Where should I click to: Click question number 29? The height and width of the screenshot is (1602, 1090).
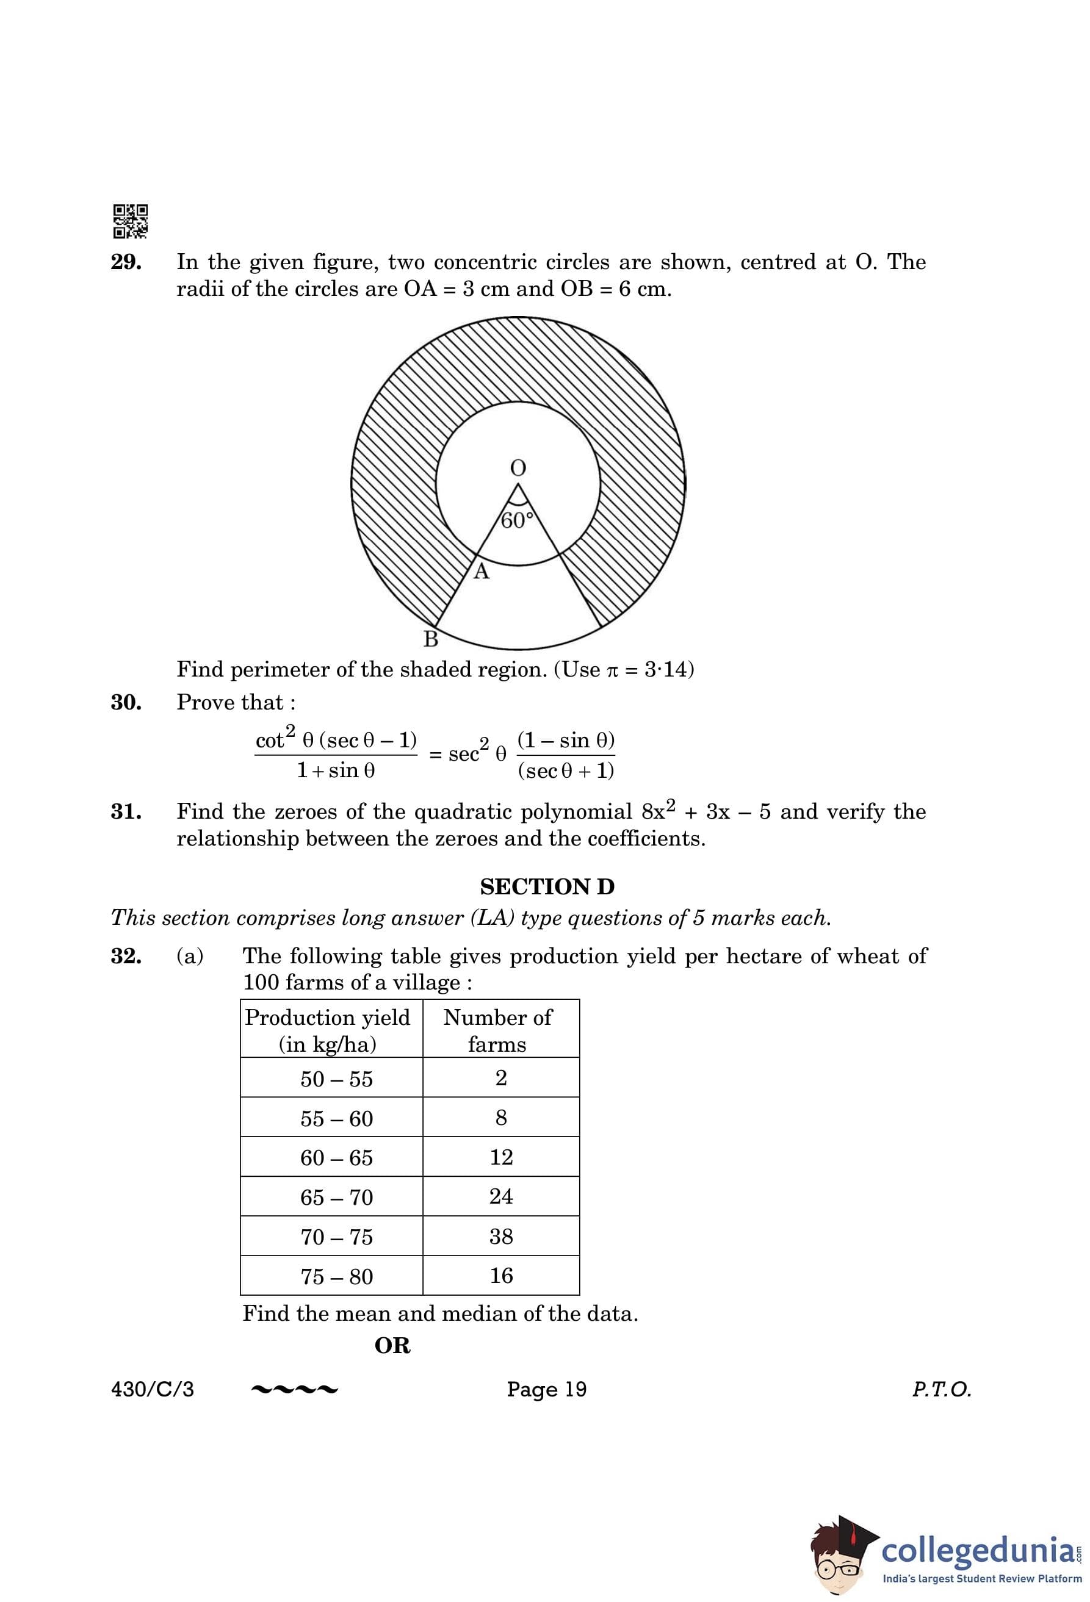(126, 263)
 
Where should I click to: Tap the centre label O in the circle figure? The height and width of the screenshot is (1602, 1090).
(517, 468)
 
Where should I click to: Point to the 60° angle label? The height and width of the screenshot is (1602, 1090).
(517, 521)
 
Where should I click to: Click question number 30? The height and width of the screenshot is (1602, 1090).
(126, 702)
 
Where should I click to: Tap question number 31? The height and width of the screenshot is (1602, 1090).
(126, 812)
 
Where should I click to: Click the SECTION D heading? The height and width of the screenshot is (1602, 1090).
(547, 886)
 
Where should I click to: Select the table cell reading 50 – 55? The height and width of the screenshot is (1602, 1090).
(336, 1079)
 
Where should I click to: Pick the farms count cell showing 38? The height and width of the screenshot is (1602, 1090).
(501, 1237)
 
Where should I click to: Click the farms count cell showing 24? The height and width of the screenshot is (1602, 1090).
(501, 1197)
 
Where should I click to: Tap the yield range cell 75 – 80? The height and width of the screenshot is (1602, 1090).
(336, 1277)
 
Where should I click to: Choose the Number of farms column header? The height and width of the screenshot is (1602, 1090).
(498, 1030)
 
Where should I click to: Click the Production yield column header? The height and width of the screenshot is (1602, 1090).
(328, 1030)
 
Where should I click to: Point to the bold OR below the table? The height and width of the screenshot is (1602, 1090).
(392, 1346)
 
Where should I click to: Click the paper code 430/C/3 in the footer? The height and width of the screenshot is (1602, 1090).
(153, 1389)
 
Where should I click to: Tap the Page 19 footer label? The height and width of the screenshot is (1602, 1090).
(546, 1389)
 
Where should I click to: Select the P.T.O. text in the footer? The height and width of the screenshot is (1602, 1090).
(941, 1389)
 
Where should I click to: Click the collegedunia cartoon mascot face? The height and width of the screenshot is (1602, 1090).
(839, 1561)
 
